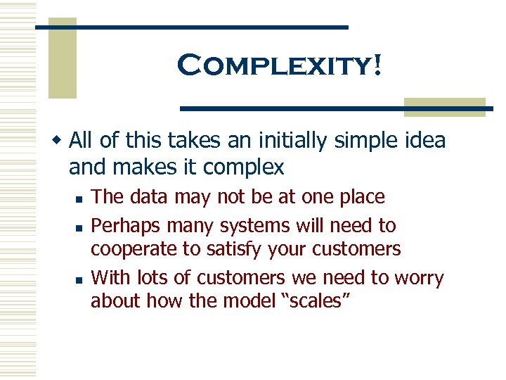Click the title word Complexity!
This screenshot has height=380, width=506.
[280, 65]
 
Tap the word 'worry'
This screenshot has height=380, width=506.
[420, 279]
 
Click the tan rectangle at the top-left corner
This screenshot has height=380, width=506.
[62, 58]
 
